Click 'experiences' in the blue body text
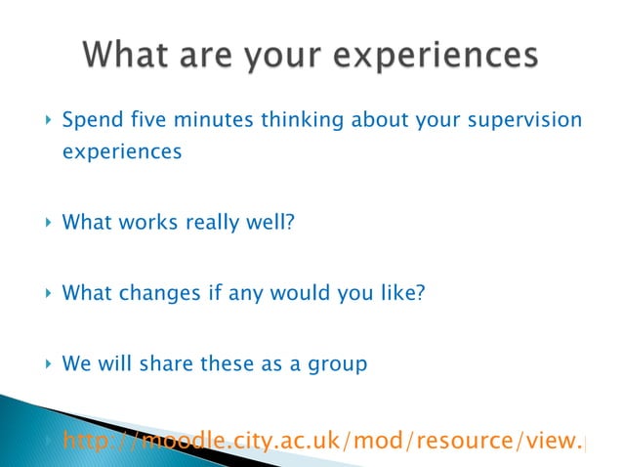tap(121, 153)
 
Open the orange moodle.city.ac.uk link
tap(322, 442)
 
